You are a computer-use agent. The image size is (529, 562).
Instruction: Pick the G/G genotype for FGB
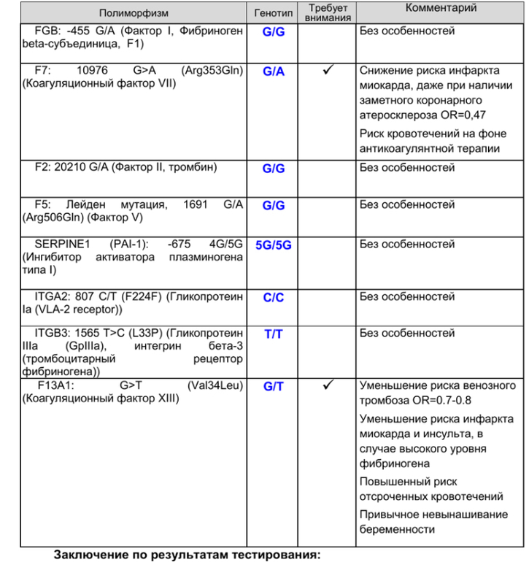274,33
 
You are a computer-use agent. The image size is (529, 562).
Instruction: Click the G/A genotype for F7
274,72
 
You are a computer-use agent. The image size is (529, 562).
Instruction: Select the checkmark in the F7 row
328,71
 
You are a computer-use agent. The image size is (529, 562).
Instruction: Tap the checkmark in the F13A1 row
328,385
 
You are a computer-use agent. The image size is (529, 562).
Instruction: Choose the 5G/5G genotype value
274,245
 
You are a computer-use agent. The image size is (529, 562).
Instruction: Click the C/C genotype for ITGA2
274,298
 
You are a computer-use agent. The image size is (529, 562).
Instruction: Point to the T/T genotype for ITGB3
274,334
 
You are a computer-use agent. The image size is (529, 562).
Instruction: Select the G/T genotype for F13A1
274,386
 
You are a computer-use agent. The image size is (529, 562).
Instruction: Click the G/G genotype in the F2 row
274,169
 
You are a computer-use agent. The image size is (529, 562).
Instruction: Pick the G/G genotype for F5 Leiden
274,206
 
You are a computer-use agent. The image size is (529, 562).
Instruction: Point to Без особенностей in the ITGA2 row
407,297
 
